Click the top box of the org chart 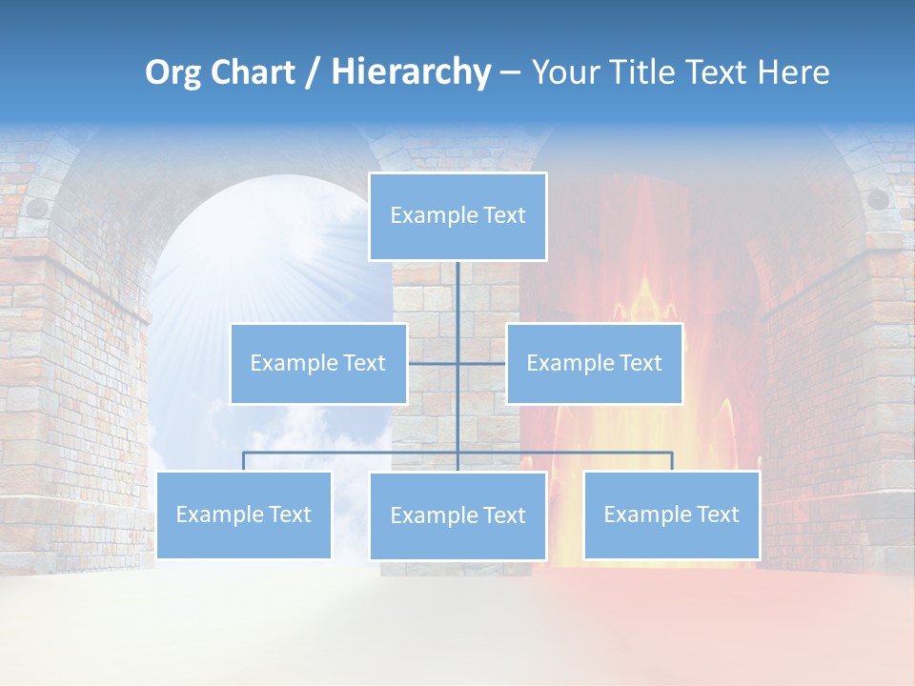pos(457,216)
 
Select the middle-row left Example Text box pos(318,363)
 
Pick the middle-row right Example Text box pos(594,363)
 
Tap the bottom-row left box pos(244,514)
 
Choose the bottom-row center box pos(457,515)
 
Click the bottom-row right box pos(671,514)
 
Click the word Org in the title pos(173,72)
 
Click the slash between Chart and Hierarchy pos(313,73)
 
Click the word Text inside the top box pos(503,215)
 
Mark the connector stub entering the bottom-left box pos(244,461)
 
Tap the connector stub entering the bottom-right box pos(671,461)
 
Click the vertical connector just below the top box pos(457,286)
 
